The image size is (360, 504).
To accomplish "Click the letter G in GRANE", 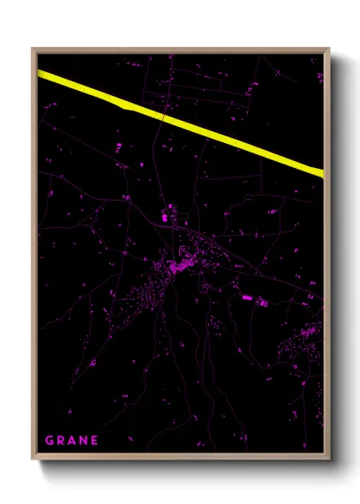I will pos(49,441).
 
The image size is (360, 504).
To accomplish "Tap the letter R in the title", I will pos(61,441).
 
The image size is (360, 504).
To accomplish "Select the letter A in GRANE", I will pos(73,441).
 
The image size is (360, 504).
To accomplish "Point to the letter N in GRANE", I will pos(84,441).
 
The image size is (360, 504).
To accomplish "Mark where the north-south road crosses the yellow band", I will pos(161,112).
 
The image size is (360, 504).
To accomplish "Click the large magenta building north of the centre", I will pos(166,219).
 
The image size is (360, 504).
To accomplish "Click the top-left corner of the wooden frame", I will pos(33,49).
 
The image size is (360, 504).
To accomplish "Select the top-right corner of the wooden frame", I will pos(329,49).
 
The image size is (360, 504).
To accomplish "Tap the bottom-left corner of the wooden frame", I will pos(33,461).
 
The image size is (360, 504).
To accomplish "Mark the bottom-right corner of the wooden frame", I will pos(329,461).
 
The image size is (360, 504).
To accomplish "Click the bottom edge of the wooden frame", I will pos(180,459).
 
